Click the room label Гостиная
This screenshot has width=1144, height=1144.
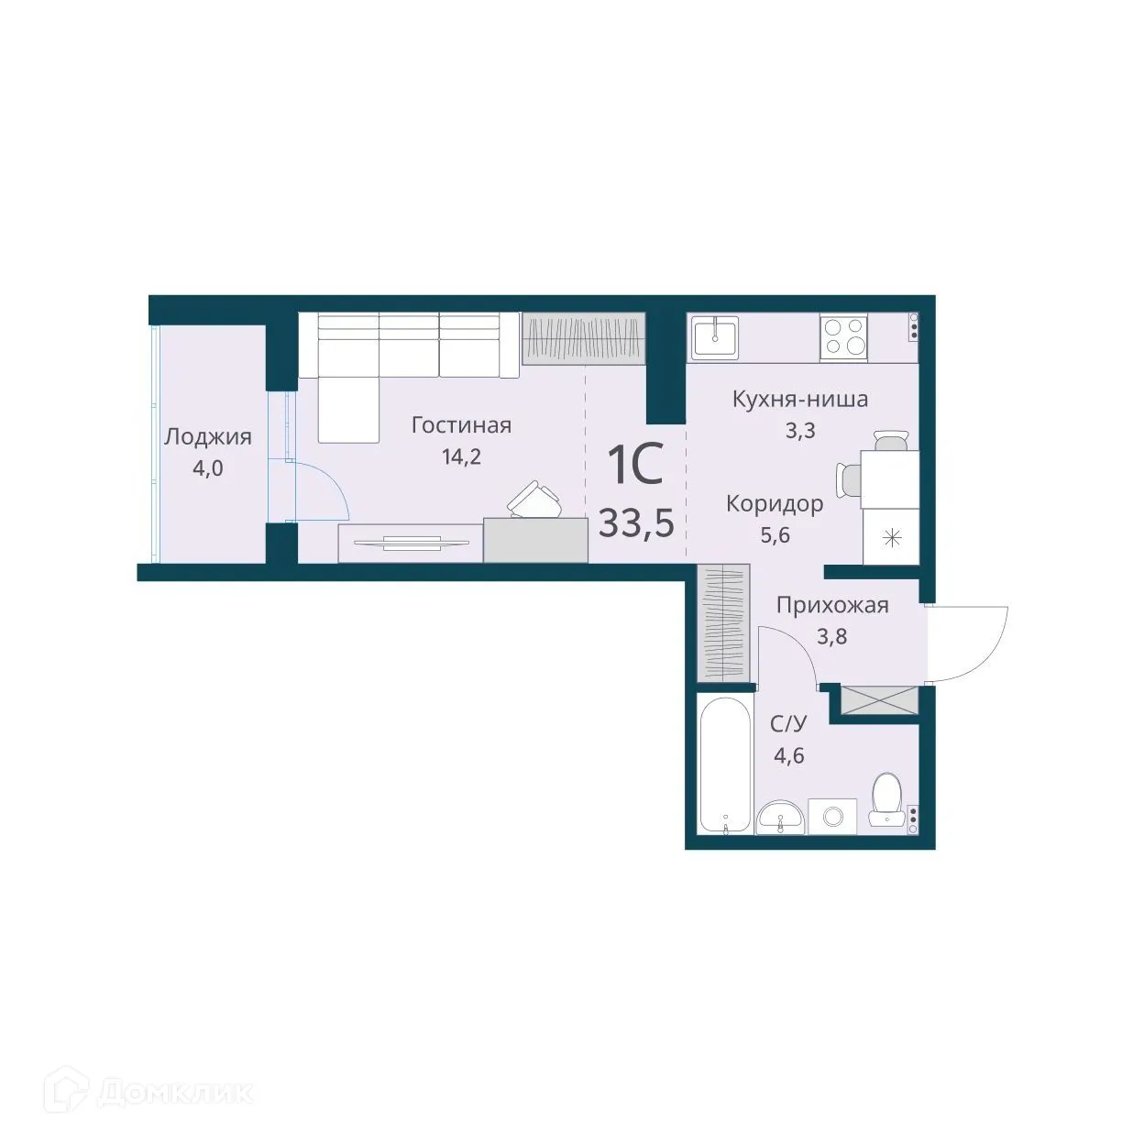point(461,425)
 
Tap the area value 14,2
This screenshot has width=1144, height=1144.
point(461,456)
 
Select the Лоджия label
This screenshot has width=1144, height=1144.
point(207,437)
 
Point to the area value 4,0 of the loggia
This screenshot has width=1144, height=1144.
point(207,468)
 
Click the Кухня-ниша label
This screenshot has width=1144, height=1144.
point(799,400)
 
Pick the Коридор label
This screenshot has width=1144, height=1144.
point(775,504)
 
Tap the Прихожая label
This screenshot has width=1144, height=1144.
point(832,605)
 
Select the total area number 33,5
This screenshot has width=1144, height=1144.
point(636,522)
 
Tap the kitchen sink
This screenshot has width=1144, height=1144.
point(715,335)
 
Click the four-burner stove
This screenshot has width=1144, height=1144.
point(843,335)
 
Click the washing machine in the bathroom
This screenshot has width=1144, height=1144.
point(832,816)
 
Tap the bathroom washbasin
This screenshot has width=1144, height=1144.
point(780,816)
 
